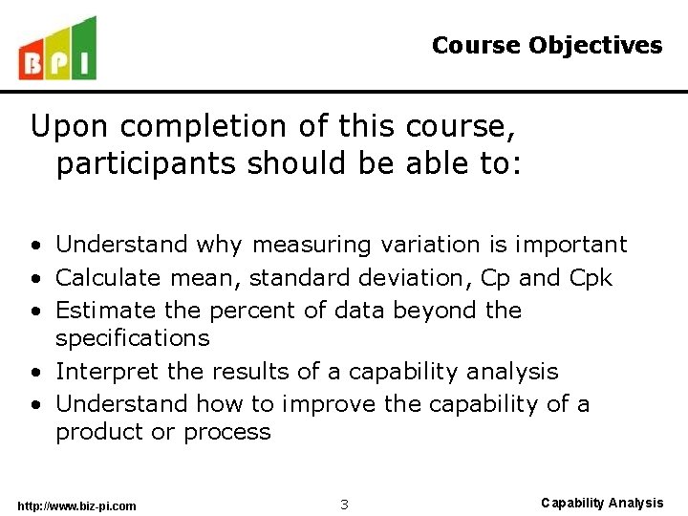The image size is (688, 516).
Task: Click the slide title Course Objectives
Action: (x=547, y=45)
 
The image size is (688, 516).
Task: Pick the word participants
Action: (x=145, y=164)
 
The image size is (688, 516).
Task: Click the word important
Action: (x=570, y=246)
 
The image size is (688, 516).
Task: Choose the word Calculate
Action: (x=109, y=278)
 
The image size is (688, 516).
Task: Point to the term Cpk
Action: (x=592, y=278)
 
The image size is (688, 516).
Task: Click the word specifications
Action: (x=132, y=338)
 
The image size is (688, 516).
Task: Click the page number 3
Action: (x=344, y=504)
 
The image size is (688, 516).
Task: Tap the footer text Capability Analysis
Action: (x=601, y=503)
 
